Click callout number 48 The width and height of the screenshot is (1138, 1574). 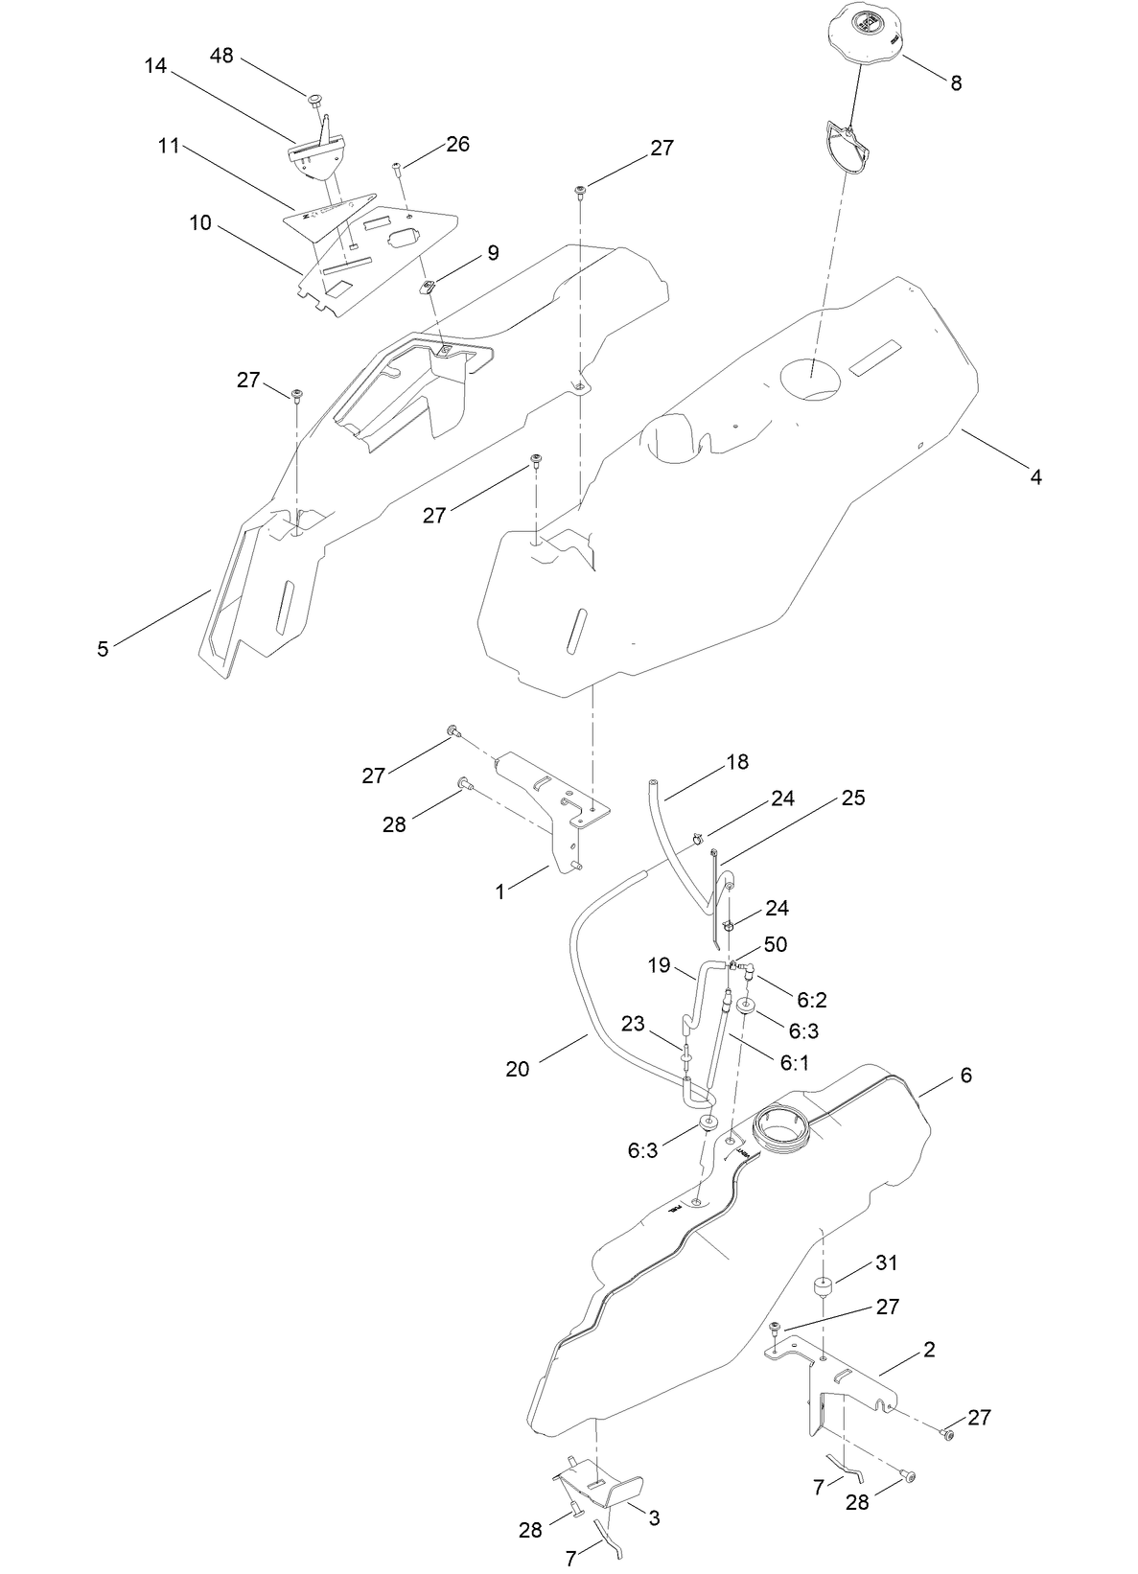[x=221, y=56]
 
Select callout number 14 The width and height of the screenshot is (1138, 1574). [x=155, y=65]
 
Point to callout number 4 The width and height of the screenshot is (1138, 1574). [x=1035, y=476]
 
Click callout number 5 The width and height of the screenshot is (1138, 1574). [x=103, y=649]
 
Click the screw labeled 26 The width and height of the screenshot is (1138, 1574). [x=397, y=170]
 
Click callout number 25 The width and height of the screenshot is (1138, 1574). [x=853, y=798]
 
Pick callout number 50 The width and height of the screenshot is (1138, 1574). [x=775, y=944]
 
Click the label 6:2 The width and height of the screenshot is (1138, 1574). [x=811, y=1000]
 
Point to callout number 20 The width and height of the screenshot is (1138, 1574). [x=518, y=1068]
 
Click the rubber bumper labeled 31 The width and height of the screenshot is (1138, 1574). [x=821, y=1285]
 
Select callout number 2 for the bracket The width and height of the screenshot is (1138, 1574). [x=928, y=1350]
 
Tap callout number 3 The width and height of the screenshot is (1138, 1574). [x=654, y=1518]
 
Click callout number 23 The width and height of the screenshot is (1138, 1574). [x=632, y=1023]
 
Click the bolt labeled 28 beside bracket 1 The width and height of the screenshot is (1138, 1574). [x=464, y=784]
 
